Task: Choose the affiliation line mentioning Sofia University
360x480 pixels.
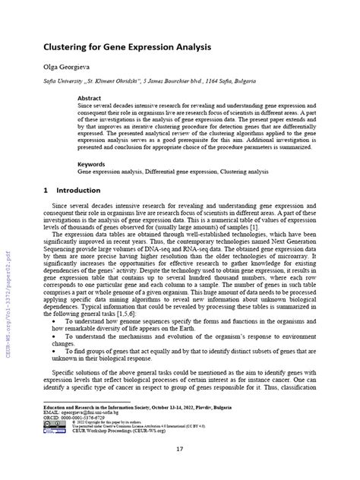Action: pyautogui.click(x=149, y=81)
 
